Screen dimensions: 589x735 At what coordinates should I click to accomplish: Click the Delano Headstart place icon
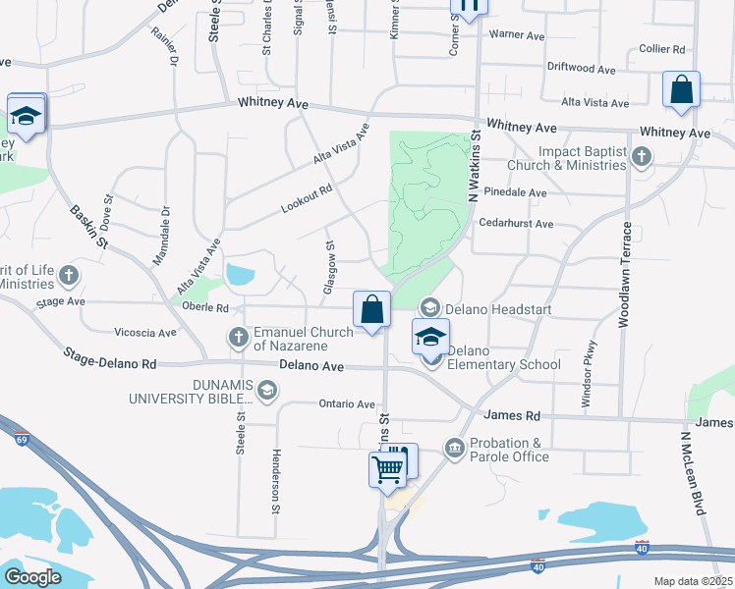click(x=428, y=309)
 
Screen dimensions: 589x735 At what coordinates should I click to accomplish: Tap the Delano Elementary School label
click(x=503, y=358)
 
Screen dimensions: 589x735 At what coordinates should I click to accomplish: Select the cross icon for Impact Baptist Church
click(x=641, y=157)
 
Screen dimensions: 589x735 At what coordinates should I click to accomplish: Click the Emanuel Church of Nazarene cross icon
click(x=239, y=338)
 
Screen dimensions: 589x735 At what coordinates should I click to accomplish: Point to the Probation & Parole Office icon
click(x=453, y=450)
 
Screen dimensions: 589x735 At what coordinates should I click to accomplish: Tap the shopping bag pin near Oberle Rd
click(x=372, y=310)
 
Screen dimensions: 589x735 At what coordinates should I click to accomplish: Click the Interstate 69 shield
click(x=22, y=439)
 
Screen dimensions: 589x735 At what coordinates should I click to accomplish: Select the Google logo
click(x=31, y=577)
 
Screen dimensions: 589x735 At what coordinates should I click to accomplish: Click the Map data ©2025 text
click(x=693, y=581)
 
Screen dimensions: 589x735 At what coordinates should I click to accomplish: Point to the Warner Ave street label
click(x=516, y=35)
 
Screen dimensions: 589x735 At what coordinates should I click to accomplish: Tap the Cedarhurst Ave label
click(x=516, y=224)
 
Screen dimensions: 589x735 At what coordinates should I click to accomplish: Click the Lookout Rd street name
click(x=307, y=197)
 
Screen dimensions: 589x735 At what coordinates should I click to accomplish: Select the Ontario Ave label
click(x=347, y=404)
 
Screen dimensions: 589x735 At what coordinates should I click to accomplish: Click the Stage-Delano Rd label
click(x=109, y=357)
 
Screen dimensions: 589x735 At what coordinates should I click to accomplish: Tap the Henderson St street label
click(x=277, y=481)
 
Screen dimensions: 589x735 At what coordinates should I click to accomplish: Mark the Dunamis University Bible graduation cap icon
click(x=266, y=391)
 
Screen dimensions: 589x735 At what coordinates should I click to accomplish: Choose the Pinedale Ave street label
click(x=516, y=193)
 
